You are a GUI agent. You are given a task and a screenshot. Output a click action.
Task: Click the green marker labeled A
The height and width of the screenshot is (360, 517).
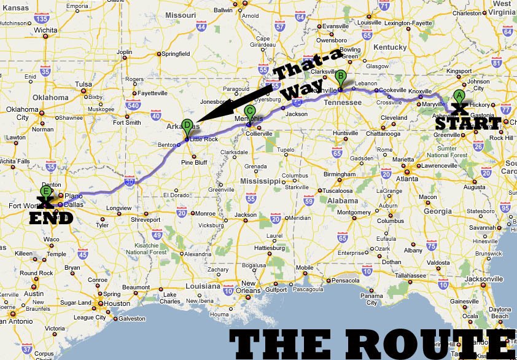(459, 96)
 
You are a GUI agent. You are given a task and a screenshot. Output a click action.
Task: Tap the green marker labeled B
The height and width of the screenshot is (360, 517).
(341, 77)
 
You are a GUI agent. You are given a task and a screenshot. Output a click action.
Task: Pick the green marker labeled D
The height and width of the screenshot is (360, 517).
(187, 125)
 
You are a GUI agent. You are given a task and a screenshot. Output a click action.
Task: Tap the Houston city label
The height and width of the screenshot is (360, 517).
(117, 303)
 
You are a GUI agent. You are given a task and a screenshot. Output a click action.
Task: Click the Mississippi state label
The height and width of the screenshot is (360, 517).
(260, 181)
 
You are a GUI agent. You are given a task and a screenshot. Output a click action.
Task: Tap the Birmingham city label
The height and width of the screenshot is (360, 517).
(339, 174)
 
